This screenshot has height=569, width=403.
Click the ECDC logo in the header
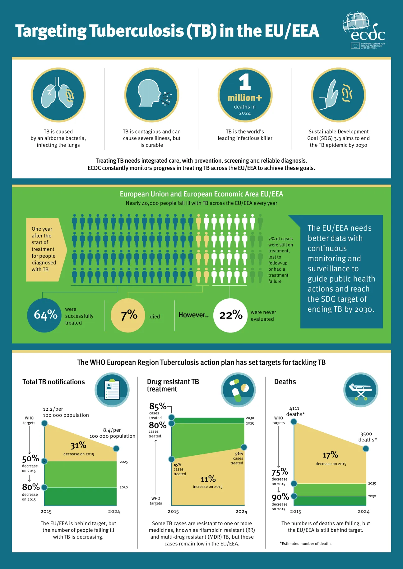tap(364, 30)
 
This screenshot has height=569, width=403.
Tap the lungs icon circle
tap(58, 95)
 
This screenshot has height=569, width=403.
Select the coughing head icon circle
tap(152, 95)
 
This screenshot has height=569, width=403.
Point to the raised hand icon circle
tap(338, 95)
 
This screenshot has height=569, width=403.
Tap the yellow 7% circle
tap(128, 315)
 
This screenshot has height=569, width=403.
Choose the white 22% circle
tap(230, 315)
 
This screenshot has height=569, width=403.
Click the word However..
tap(193, 315)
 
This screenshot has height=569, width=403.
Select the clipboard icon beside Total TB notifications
tap(112, 390)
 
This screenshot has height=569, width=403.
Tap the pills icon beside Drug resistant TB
tap(238, 390)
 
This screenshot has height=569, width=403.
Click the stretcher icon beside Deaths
tap(361, 390)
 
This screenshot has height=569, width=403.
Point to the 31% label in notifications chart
tap(78, 445)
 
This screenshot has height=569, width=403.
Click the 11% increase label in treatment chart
tap(208, 479)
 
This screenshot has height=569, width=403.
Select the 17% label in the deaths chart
tap(330, 455)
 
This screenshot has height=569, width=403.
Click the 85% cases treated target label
tap(158, 406)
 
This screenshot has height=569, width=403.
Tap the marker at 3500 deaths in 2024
tap(366, 449)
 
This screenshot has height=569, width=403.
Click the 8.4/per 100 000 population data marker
tap(116, 449)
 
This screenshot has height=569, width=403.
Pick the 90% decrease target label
tap(280, 497)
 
